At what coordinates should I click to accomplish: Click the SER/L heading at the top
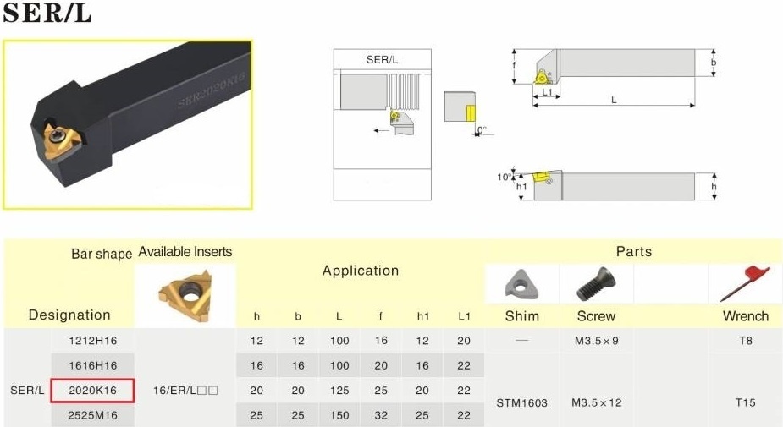click(47, 12)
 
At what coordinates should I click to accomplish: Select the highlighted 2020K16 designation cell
click(92, 391)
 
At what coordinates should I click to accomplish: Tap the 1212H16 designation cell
click(93, 341)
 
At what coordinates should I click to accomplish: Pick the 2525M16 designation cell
click(93, 415)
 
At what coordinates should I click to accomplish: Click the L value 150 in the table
click(339, 415)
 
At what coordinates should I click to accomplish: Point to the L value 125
click(339, 391)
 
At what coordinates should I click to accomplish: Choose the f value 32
click(381, 415)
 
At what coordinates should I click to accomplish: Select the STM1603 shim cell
click(521, 402)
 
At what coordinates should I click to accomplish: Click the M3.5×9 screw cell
click(596, 341)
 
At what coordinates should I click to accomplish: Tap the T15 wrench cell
click(746, 402)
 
